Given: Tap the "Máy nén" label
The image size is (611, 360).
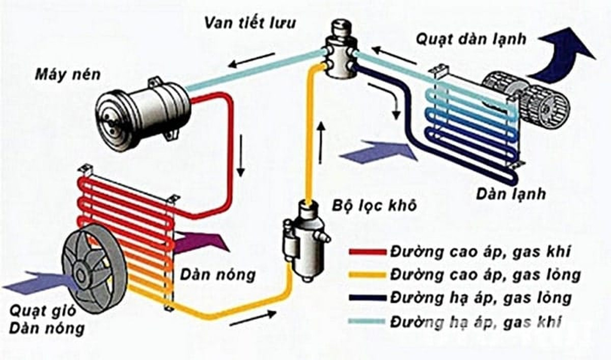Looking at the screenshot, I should pos(68,75).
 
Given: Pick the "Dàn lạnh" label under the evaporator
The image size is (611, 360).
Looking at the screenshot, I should pos(511,194).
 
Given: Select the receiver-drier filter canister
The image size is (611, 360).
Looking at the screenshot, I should pos(301,235).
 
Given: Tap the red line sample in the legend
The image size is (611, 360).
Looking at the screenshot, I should pos(367,252).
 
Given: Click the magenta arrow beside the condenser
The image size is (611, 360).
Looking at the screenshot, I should pos(201,241).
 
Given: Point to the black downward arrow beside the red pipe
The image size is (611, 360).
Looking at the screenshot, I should pos(242,152).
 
